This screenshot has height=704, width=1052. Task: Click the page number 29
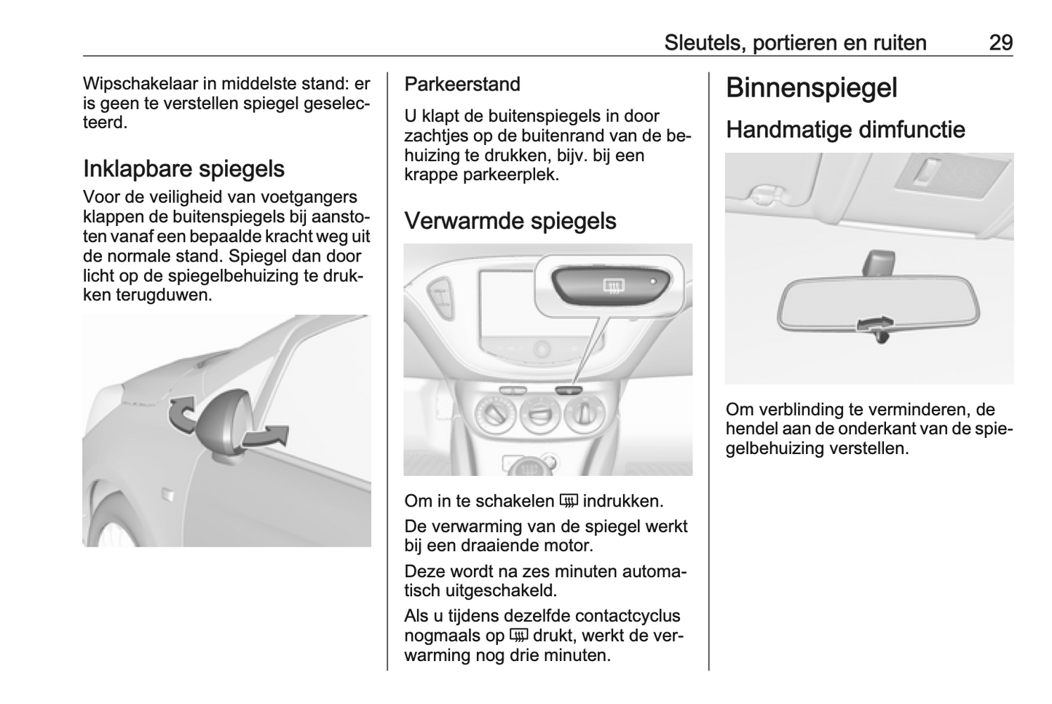click(x=1000, y=43)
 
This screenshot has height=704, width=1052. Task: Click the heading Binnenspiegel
click(x=811, y=88)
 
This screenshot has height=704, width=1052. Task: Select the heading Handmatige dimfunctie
click(x=845, y=130)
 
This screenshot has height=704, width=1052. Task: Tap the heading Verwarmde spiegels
click(x=510, y=221)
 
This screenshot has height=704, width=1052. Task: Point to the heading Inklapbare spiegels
click(x=183, y=168)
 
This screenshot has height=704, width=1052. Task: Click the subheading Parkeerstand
click(x=462, y=85)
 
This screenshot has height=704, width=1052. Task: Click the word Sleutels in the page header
click(x=703, y=43)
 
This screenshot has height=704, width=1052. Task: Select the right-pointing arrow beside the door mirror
click(x=266, y=435)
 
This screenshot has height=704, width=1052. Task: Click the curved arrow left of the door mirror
click(x=182, y=413)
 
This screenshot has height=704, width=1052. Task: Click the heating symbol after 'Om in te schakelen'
click(x=569, y=501)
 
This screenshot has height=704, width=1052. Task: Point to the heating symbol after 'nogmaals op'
click(x=518, y=635)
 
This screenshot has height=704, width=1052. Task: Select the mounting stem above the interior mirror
click(x=879, y=263)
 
